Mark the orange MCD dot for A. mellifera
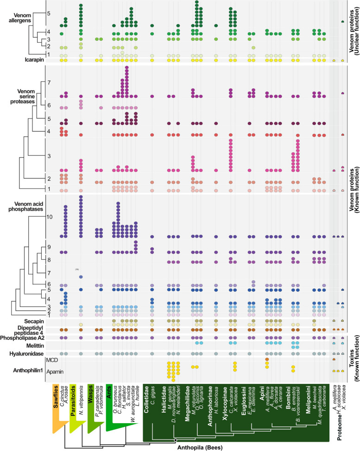pos(267,359)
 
